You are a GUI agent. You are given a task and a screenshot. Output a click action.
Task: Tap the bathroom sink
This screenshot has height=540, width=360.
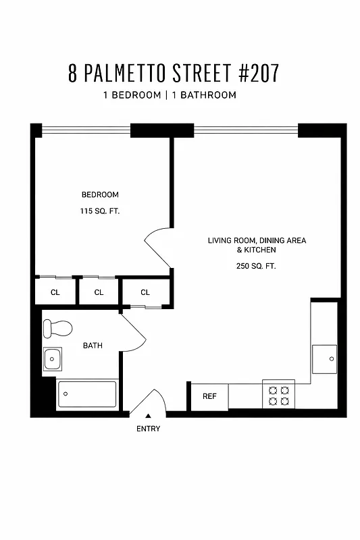(x=53, y=358)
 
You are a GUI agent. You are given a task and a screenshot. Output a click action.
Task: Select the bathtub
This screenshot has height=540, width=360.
(x=87, y=394)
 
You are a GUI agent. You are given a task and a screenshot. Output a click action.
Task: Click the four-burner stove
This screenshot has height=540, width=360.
(x=279, y=394)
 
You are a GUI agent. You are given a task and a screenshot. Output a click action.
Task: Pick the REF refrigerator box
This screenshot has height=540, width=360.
(x=209, y=396)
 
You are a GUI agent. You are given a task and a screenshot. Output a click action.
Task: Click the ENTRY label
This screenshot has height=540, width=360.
(x=149, y=429)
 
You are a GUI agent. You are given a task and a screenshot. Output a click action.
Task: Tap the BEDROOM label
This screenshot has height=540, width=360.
(x=100, y=195)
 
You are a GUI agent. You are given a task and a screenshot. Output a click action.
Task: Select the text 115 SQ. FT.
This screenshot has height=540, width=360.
(x=100, y=211)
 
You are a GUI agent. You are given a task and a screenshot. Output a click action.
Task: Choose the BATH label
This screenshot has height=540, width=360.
(x=93, y=346)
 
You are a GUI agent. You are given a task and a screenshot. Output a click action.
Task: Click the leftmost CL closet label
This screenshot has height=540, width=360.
(x=55, y=292)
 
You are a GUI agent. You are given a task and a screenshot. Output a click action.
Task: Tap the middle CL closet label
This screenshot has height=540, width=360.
(x=99, y=292)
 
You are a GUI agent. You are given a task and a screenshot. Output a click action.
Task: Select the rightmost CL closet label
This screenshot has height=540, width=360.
(x=145, y=292)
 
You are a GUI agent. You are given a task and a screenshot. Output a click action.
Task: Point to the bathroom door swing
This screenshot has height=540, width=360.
(x=134, y=330)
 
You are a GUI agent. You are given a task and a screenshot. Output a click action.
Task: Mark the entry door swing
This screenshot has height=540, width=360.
(x=148, y=402)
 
